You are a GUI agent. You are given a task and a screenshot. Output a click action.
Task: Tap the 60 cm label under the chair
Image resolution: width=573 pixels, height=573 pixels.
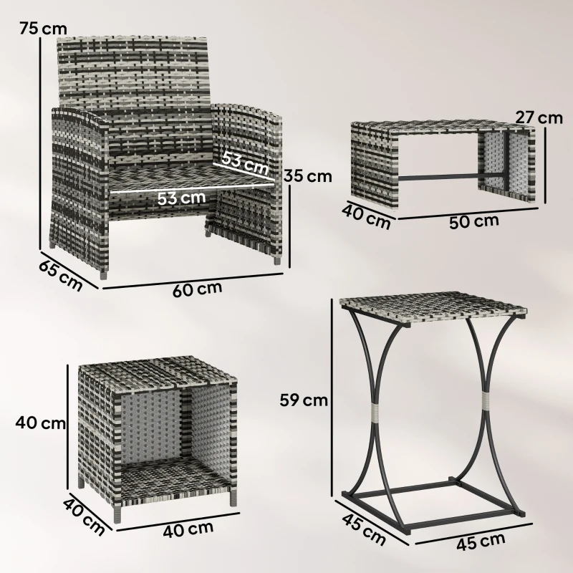(197, 289)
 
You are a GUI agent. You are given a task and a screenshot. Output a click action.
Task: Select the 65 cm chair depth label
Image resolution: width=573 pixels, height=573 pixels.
(60, 274)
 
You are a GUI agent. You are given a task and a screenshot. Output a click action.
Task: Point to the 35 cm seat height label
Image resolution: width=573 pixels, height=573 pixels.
(308, 175)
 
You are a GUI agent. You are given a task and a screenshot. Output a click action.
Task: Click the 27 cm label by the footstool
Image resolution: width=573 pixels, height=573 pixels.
(539, 117)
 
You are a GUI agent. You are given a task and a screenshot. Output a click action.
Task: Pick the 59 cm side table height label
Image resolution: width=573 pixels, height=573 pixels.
(304, 400)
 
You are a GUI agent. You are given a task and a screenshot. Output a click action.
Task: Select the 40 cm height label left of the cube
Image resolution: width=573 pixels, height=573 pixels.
(40, 423)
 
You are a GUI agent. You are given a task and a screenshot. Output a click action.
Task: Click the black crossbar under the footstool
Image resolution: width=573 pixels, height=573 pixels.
(444, 174)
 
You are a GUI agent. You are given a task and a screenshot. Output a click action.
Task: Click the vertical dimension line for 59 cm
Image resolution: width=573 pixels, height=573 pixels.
(332, 398)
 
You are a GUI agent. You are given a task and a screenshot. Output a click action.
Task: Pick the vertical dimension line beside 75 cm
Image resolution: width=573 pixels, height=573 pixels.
(39, 143)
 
